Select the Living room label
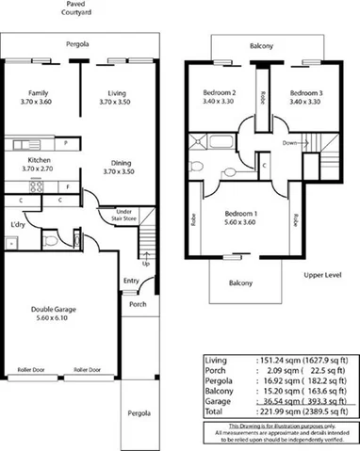click(117, 92)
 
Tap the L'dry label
click(18, 225)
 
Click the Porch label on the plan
click(139, 303)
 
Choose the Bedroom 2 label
click(220, 92)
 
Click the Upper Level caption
click(321, 274)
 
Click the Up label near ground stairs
click(144, 264)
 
